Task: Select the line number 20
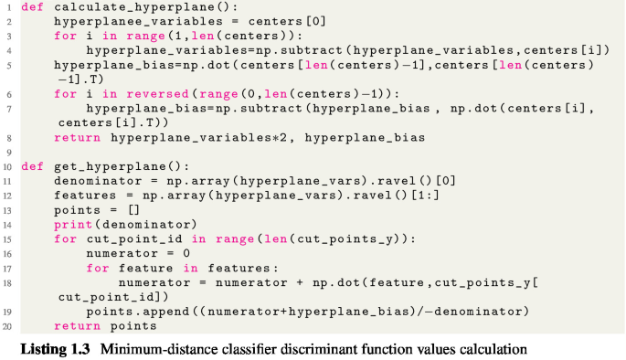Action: [x=5, y=326]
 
